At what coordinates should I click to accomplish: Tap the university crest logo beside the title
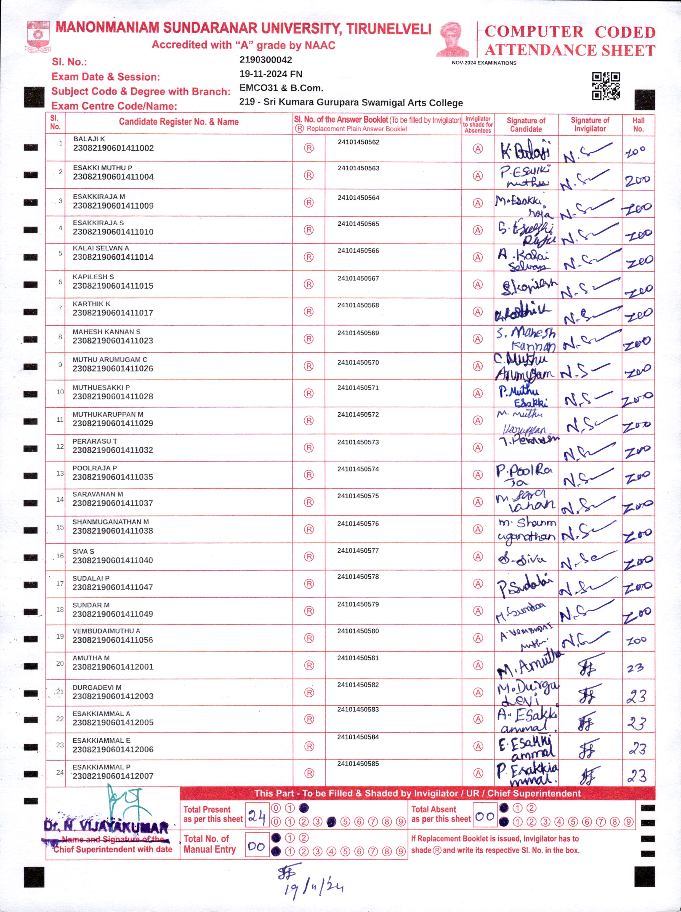click(38, 36)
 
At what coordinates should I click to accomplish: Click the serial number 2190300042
click(266, 60)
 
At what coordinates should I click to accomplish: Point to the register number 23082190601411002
click(113, 148)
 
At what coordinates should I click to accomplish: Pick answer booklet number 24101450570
click(358, 362)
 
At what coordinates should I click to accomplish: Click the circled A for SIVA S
click(477, 557)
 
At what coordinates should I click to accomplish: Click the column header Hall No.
click(638, 125)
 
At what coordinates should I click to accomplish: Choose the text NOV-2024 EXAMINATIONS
click(484, 63)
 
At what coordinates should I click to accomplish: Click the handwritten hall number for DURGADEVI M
click(637, 696)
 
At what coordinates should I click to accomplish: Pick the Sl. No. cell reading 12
click(60, 447)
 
